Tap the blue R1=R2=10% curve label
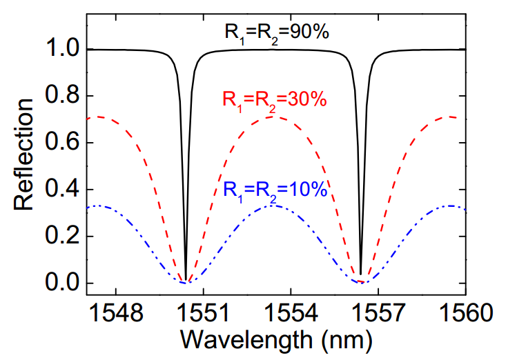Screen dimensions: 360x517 click(x=275, y=188)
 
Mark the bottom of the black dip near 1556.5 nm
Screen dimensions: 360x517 click(x=361, y=274)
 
